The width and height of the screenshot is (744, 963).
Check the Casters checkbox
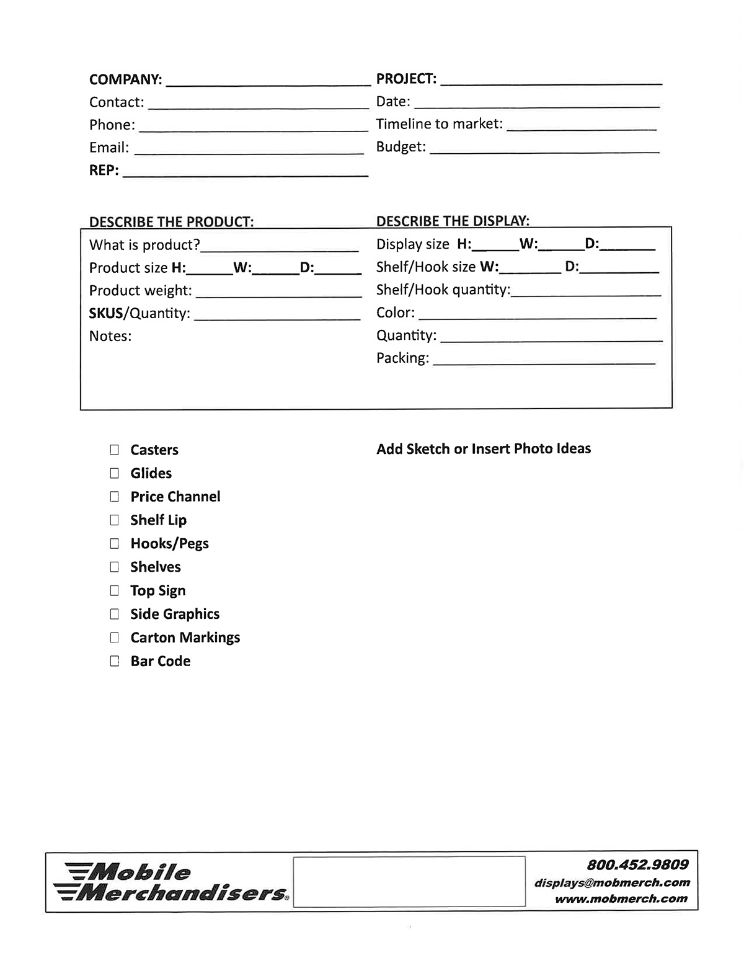(114, 450)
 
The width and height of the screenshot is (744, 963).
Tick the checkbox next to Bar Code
(114, 661)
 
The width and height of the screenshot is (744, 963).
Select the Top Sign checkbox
(114, 590)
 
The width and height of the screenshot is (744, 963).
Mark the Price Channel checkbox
(114, 497)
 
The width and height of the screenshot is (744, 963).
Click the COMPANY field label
(125, 79)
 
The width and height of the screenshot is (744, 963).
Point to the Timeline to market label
(439, 124)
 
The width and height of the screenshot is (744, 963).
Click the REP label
(104, 170)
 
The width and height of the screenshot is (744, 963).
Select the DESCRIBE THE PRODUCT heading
(171, 222)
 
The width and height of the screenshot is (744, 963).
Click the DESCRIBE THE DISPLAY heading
(453, 221)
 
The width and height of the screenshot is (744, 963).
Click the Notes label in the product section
(110, 336)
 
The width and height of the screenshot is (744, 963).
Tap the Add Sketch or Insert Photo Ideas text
(484, 449)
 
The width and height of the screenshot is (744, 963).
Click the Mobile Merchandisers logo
(170, 882)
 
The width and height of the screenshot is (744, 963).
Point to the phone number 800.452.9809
(637, 864)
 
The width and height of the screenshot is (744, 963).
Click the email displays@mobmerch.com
(612, 882)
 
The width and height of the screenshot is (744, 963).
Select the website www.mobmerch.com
(621, 899)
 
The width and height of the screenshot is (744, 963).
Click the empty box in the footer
(409, 882)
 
